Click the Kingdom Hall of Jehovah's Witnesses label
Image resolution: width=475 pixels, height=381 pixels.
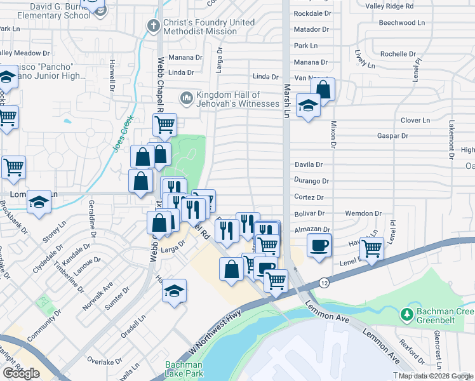(237, 98)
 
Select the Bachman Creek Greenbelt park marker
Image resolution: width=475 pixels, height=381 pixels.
(406, 313)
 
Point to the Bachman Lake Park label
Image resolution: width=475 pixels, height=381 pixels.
(184, 368)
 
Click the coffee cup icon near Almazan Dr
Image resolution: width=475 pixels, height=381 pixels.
(319, 244)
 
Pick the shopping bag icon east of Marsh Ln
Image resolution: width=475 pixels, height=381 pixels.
(323, 90)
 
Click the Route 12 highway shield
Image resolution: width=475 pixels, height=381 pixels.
(324, 282)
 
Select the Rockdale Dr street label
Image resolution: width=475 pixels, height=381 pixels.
(311, 13)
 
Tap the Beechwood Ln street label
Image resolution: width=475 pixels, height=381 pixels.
(401, 22)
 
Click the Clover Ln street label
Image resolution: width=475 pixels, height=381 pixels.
(415, 120)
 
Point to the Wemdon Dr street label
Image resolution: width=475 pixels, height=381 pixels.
(363, 214)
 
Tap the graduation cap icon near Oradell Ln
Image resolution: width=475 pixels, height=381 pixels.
(174, 291)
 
